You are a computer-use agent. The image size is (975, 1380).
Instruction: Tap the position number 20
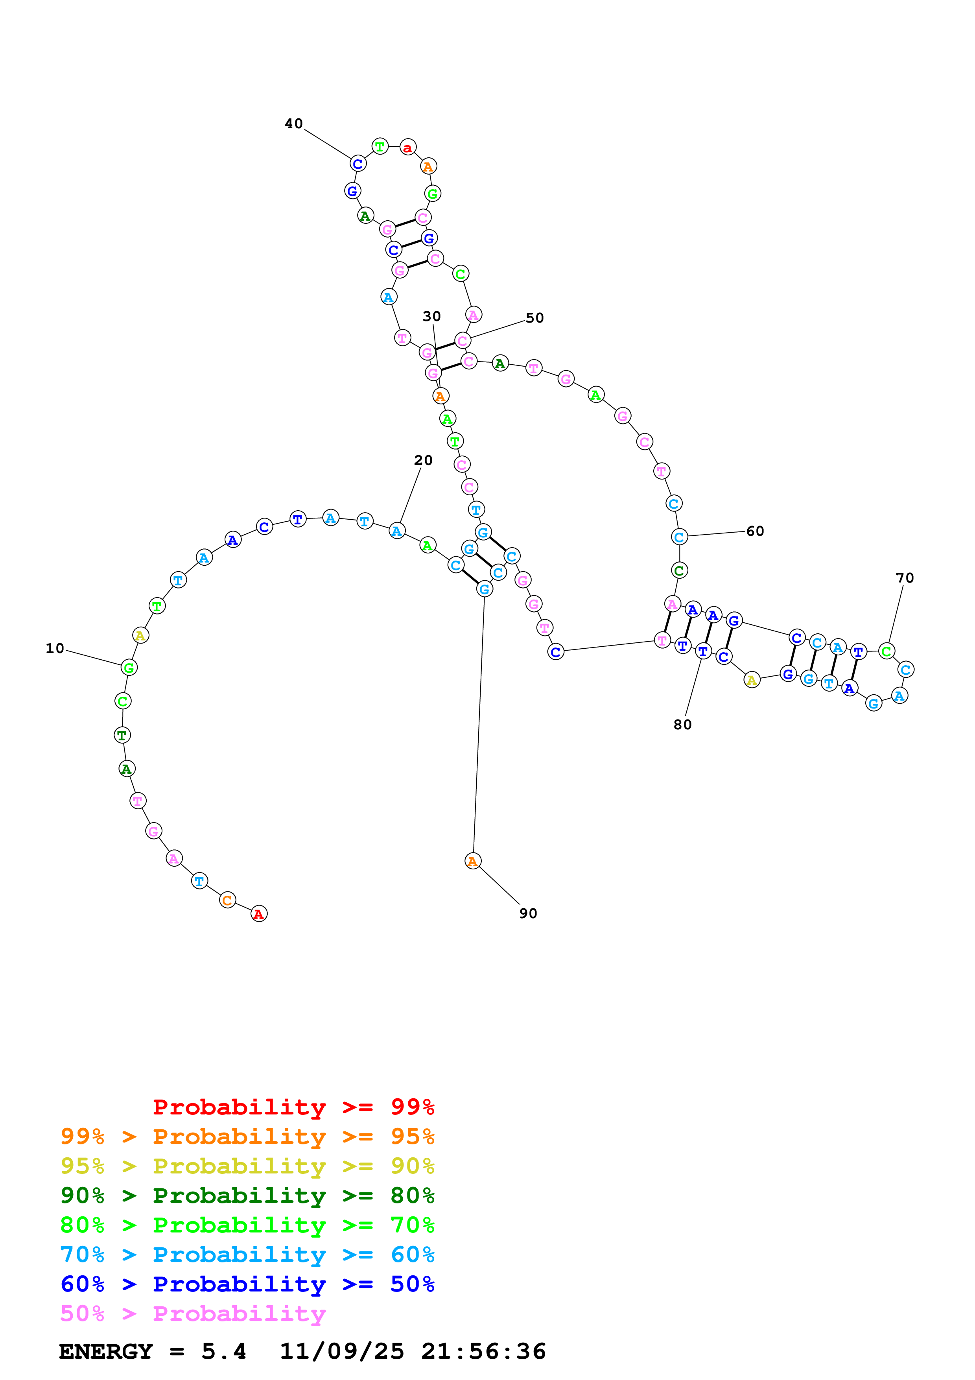point(423,460)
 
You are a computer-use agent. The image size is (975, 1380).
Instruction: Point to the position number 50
point(534,318)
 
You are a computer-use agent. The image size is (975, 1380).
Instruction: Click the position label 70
point(904,578)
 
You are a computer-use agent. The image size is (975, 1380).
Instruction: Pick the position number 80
point(682,725)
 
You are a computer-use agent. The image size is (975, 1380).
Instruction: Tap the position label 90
point(528,913)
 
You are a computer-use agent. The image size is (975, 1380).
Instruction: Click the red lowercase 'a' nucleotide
point(408,147)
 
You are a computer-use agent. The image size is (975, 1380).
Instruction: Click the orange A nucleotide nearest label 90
point(473,861)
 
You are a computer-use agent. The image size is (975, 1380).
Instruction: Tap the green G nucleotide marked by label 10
point(129,667)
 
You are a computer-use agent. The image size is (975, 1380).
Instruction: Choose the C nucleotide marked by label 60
point(679,537)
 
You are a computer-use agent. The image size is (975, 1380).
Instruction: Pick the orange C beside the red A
point(227,900)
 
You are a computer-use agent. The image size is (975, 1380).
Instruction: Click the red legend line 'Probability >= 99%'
point(293,1107)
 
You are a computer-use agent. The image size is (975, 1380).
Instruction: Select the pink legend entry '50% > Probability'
point(193,1314)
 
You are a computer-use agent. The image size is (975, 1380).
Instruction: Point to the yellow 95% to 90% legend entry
point(247,1166)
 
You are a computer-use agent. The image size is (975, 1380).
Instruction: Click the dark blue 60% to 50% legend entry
point(247,1284)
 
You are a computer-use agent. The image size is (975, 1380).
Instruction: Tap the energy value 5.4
point(223,1352)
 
